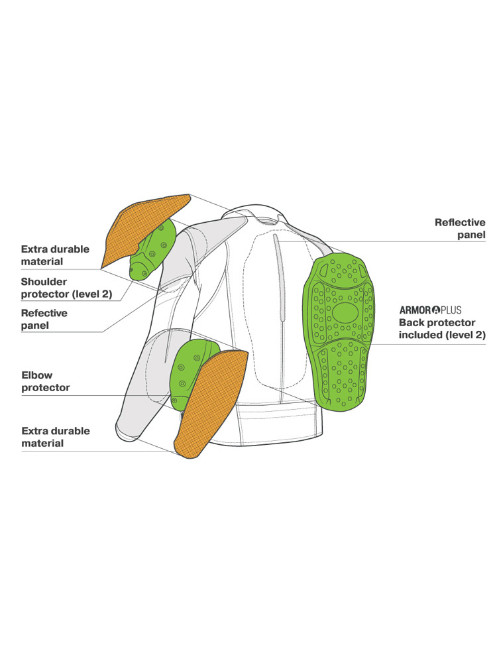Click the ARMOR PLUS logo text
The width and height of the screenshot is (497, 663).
(430, 309)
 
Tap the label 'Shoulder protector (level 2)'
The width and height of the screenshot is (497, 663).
(66, 288)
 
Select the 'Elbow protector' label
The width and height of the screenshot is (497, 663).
(46, 381)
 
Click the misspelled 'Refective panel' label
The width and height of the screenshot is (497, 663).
(44, 319)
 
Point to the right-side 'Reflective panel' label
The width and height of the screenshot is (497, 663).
(460, 229)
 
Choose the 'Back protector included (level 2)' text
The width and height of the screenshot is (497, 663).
(441, 328)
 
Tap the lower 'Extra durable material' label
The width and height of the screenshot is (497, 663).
(56, 437)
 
